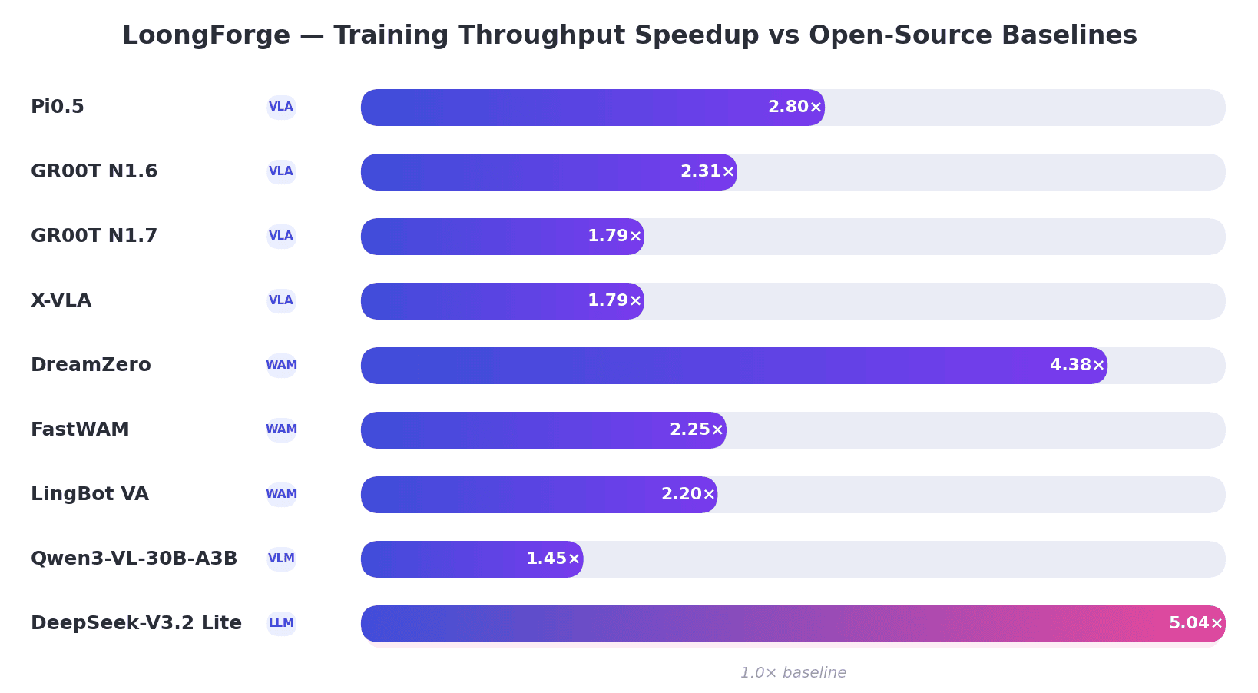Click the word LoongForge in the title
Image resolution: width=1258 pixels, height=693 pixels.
point(206,35)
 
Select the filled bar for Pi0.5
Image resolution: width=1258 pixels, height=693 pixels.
point(592,108)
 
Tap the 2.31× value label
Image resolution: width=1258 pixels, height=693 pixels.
point(707,171)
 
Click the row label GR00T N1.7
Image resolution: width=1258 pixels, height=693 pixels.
point(94,236)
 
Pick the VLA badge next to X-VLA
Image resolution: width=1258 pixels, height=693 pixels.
point(281,300)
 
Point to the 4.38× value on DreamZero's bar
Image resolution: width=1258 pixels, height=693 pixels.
point(1077,365)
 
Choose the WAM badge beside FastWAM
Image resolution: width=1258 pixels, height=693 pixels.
point(281,429)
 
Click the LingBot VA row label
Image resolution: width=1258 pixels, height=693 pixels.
point(90,494)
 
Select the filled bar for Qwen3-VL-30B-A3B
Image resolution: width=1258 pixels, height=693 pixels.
point(472,559)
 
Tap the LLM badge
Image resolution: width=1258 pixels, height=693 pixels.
point(281,623)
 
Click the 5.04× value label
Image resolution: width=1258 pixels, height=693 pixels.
point(1196,623)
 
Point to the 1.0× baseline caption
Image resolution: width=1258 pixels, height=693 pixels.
point(793,673)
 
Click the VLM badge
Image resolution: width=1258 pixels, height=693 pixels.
point(281,559)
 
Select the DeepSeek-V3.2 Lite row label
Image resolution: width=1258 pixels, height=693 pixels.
point(136,623)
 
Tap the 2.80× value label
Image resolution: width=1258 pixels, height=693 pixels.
point(795,107)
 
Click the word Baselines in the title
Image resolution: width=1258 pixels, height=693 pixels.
point(1069,35)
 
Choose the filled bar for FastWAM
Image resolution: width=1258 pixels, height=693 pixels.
point(543,430)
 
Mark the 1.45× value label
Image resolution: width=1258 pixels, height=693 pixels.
point(553,559)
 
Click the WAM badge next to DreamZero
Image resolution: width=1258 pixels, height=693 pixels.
point(281,365)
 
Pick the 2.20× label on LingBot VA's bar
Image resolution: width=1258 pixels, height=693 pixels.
point(688,494)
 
